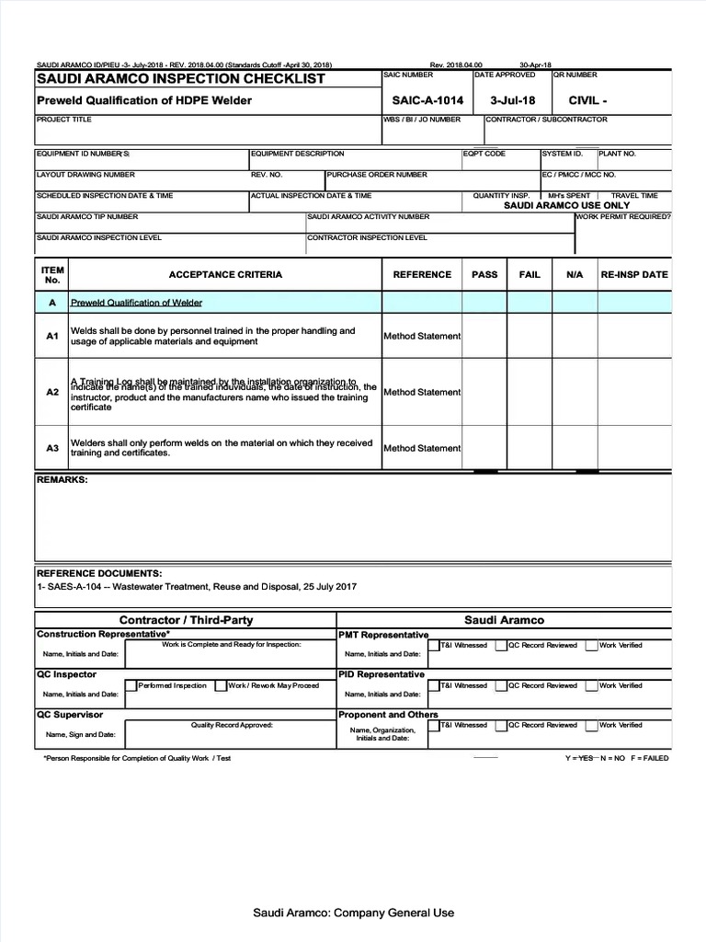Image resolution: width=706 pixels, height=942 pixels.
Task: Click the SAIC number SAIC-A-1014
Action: coord(427,100)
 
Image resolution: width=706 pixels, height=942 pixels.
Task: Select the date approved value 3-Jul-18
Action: coord(513,100)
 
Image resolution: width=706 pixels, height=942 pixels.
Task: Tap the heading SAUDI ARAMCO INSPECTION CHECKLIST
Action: coord(180,79)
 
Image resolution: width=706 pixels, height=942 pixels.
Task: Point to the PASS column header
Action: coord(484,274)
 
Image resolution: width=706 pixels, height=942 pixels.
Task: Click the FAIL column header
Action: coord(529,274)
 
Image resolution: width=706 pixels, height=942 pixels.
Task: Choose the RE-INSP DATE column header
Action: coord(634,274)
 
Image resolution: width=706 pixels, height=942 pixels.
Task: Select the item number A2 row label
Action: coord(52,392)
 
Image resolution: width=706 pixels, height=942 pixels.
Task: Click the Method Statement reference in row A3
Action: coord(422,448)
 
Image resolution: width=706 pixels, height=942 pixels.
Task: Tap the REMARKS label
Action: coord(62,480)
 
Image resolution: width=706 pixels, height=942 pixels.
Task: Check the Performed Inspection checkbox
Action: coord(131,685)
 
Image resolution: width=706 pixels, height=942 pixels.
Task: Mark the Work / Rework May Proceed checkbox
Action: coord(221,685)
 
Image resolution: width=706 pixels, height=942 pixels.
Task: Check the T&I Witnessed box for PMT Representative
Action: coord(435,646)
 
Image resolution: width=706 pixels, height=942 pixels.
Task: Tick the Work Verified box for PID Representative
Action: coord(592,685)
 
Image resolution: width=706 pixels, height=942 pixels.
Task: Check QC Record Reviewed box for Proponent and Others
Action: coord(502,725)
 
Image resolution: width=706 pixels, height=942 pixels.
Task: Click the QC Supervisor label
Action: coord(70,714)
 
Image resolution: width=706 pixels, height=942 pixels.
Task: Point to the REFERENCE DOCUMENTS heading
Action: coord(98,573)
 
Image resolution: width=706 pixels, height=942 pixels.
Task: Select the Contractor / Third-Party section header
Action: coord(186,620)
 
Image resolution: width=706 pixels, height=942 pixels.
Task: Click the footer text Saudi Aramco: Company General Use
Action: coord(353,913)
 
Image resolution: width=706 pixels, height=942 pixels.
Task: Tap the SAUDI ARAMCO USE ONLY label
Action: coord(566,205)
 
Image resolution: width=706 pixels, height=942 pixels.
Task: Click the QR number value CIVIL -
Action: coord(587,100)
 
